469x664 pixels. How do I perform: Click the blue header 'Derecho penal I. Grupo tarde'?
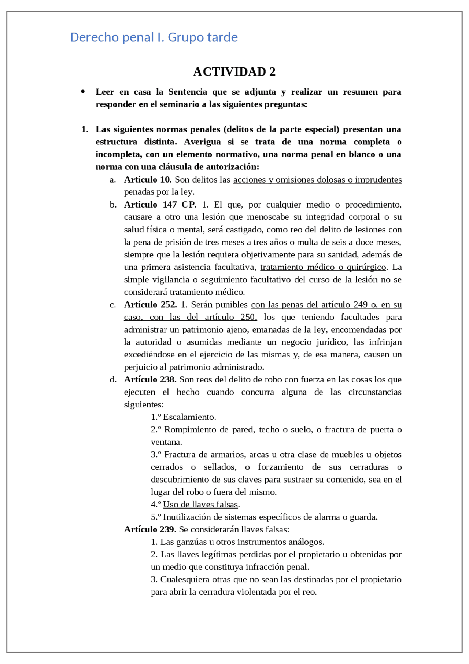point(154,37)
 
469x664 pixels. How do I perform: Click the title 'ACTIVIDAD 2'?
point(234,72)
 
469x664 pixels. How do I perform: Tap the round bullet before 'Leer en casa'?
point(83,92)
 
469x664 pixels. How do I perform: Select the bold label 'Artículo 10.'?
point(148,180)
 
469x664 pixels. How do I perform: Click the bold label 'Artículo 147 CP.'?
point(160,205)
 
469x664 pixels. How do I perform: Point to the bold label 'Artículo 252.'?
point(150,305)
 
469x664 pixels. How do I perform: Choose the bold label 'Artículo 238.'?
point(150,379)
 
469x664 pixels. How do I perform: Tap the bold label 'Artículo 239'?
point(149,529)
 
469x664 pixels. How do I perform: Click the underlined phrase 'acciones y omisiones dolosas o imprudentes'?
point(317,180)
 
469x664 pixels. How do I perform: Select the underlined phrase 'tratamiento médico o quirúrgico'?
point(323,267)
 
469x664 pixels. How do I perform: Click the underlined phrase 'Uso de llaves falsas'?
point(200,505)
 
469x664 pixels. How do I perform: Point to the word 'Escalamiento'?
point(189,417)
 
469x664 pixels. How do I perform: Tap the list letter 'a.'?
point(113,180)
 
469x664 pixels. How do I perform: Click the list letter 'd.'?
point(113,379)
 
